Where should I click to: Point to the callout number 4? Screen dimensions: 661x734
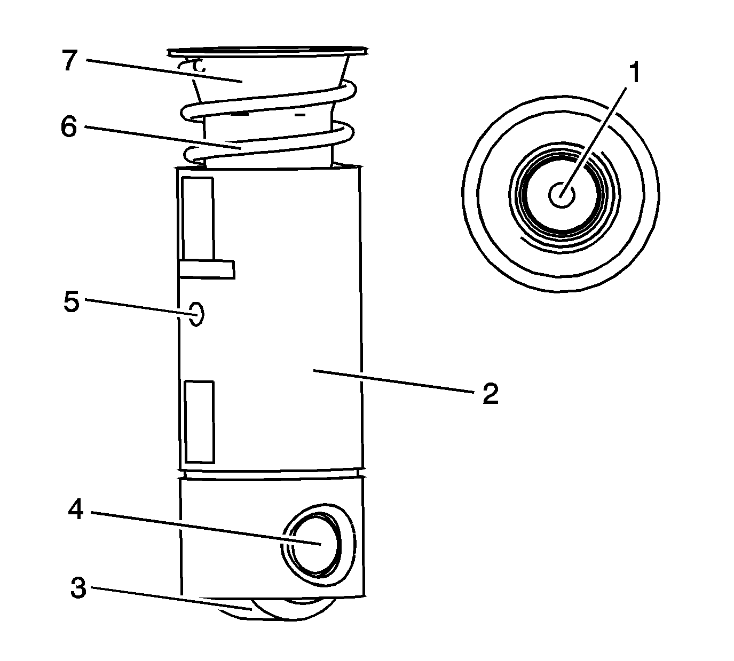76,510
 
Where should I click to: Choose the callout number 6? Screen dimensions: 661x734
69,128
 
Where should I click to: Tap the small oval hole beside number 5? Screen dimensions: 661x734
196,314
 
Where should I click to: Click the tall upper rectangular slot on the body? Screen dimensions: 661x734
198,219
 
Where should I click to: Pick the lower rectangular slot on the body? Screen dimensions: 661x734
199,421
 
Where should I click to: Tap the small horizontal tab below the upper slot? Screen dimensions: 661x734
207,269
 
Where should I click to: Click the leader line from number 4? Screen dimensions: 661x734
203,528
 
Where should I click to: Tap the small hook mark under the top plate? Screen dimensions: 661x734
192,65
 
